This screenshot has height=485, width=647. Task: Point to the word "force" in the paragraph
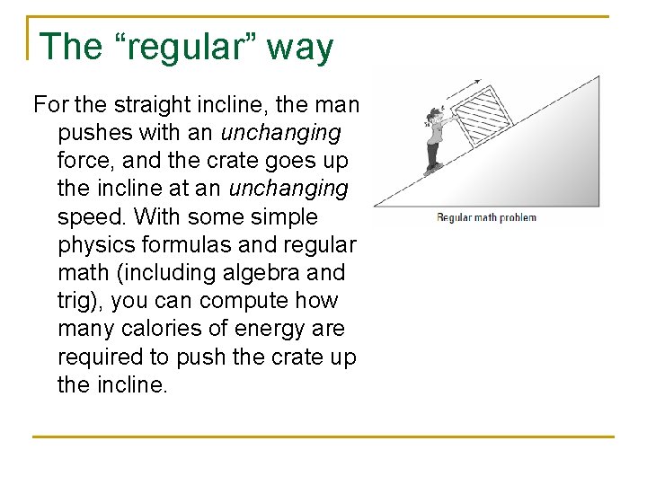click(x=84, y=161)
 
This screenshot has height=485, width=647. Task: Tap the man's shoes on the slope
click(x=433, y=168)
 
